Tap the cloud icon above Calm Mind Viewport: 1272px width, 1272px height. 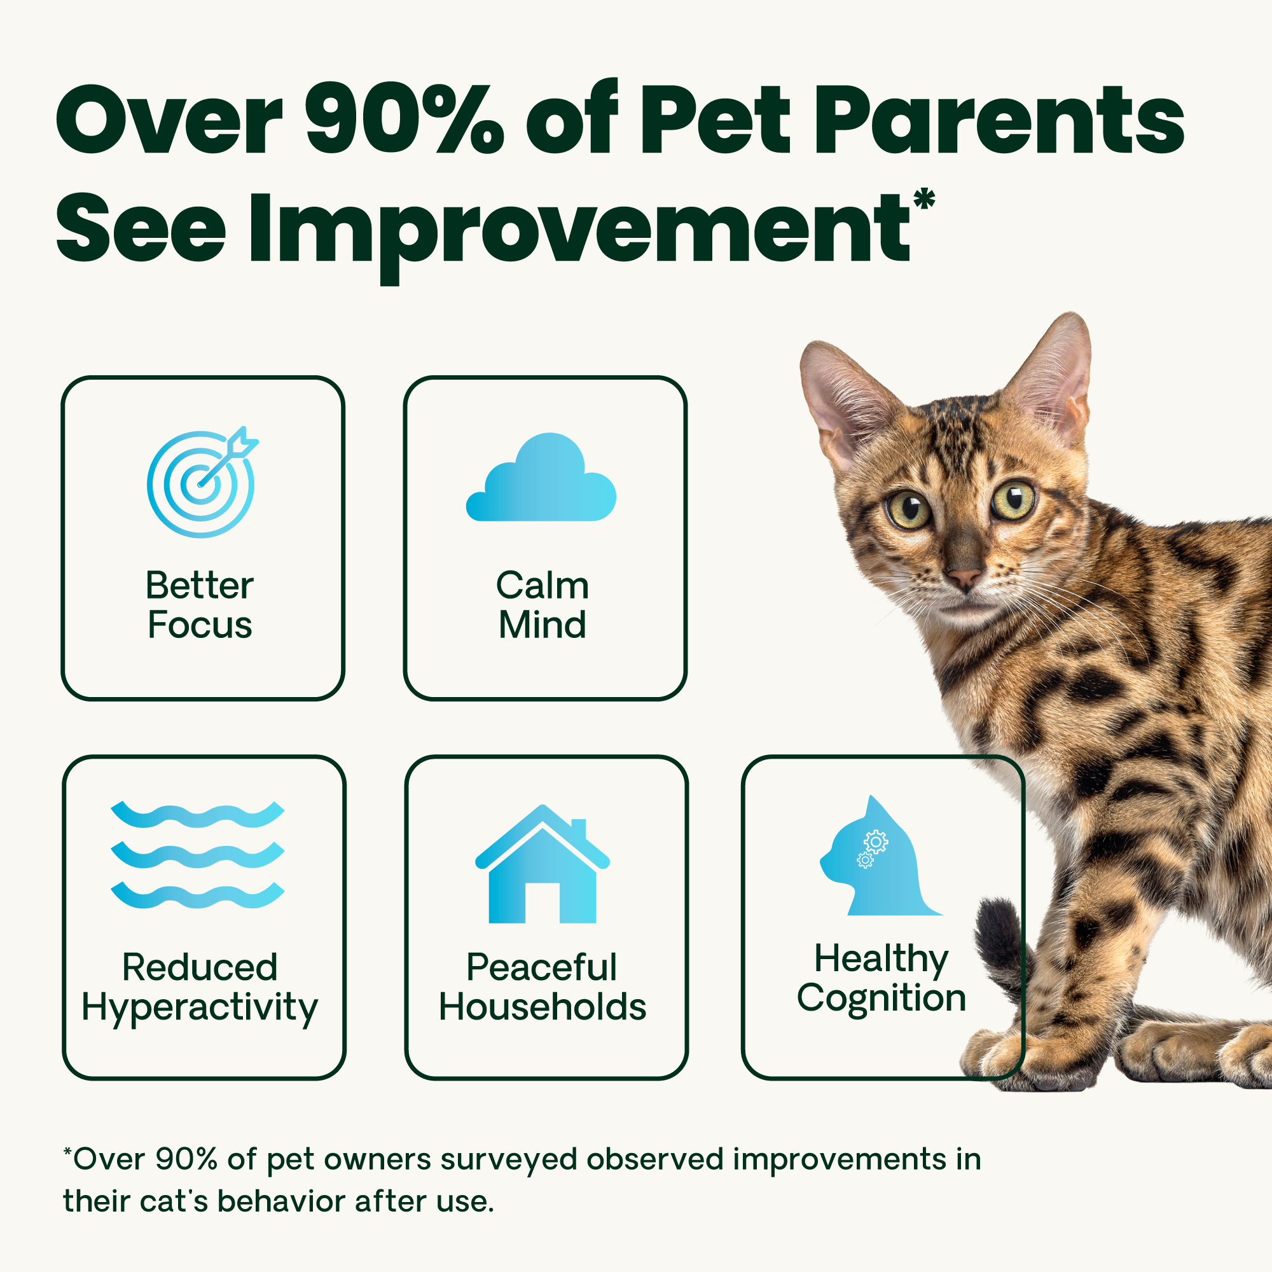click(541, 478)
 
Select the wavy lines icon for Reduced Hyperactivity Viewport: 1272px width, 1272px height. click(198, 855)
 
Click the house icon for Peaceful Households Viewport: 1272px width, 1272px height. click(543, 864)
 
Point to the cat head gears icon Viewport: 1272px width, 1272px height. click(880, 856)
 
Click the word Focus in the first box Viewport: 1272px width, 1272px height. click(200, 625)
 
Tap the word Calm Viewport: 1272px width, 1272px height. click(543, 585)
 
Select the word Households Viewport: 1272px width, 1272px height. click(543, 1007)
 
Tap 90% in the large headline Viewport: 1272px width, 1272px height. click(406, 119)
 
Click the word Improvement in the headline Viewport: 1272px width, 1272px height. click(580, 230)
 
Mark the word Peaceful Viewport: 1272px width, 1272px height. click(541, 969)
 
